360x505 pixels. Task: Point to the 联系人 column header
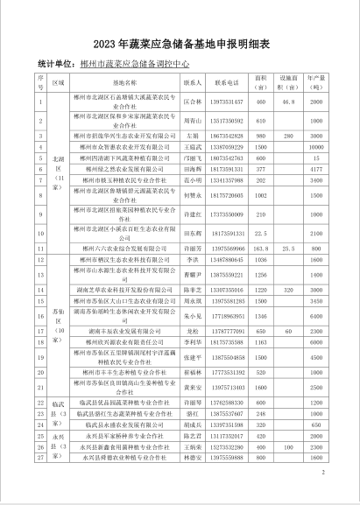pos(194,83)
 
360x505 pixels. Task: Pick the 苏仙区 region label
pos(59,320)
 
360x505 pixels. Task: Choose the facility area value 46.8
pos(287,102)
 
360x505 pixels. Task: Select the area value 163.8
pos(260,249)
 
